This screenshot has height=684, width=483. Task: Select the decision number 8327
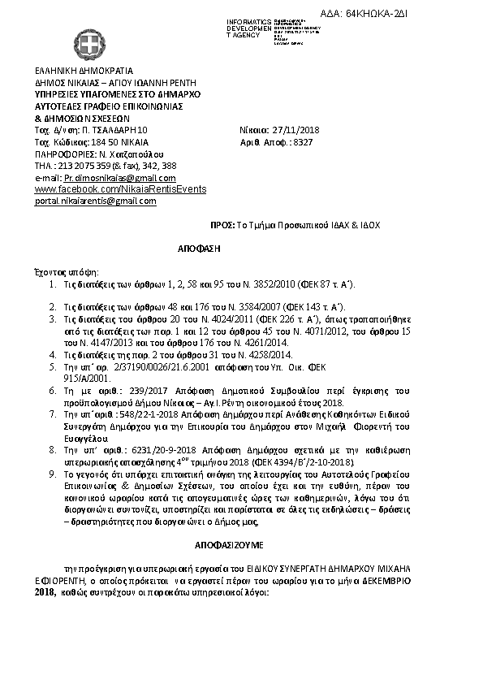coord(304,141)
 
